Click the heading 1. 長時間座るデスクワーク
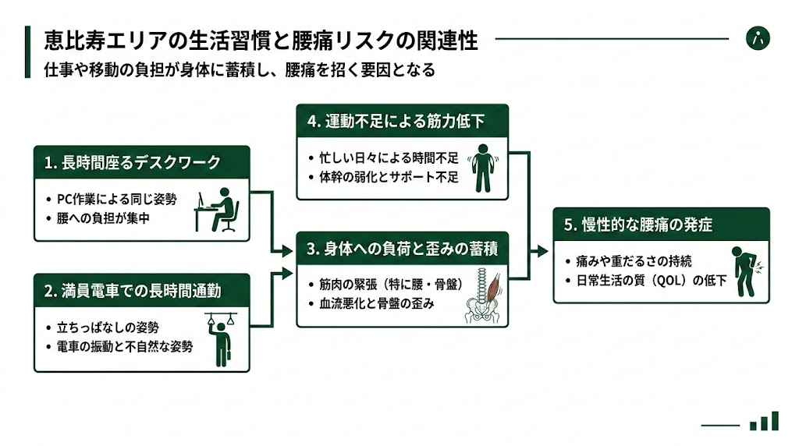click(x=132, y=163)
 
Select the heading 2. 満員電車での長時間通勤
click(x=133, y=291)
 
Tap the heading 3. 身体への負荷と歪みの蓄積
click(x=402, y=250)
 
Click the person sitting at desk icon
click(x=217, y=211)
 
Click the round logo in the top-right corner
click(x=757, y=38)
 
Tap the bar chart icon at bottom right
click(x=764, y=421)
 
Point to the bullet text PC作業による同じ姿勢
click(x=117, y=199)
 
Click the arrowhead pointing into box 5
click(x=544, y=252)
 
